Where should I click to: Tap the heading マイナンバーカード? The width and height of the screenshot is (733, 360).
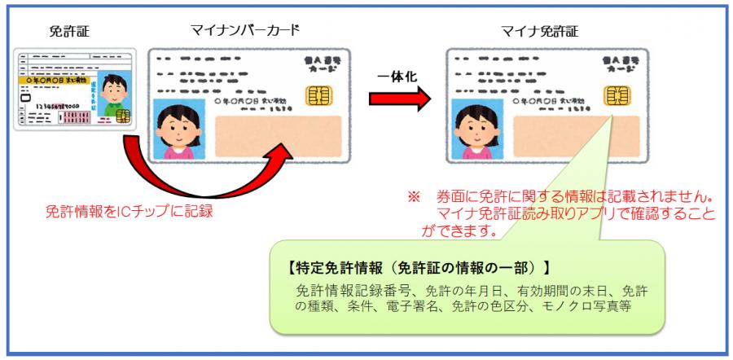click(x=244, y=32)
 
